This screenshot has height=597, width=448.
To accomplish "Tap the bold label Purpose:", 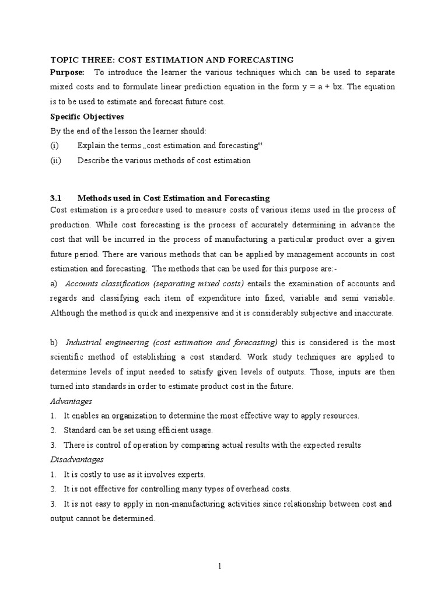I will [x=68, y=72].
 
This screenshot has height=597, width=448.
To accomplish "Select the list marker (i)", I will [x=55, y=145].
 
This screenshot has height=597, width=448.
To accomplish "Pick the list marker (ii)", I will [x=56, y=160].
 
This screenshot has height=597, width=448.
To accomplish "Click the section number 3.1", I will [x=57, y=198].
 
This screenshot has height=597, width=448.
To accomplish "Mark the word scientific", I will [x=74, y=357].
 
